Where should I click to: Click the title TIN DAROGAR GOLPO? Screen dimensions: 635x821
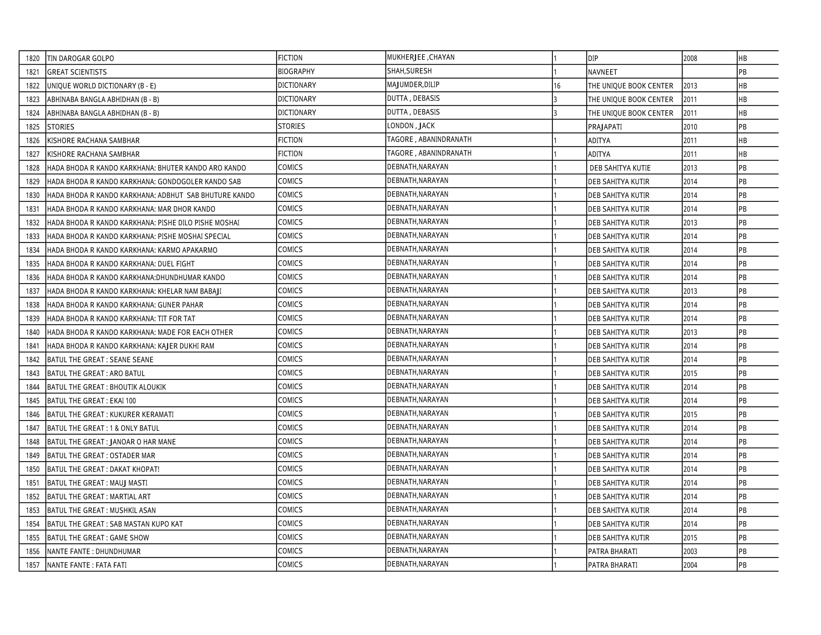81,58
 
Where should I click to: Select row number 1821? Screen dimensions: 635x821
33,72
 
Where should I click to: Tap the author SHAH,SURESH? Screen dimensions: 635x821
409,71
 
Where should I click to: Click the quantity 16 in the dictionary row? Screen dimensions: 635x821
557,86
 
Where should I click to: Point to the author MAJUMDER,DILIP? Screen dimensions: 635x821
413,85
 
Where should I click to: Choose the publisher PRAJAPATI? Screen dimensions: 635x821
605,127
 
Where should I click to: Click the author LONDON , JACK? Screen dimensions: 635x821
411,126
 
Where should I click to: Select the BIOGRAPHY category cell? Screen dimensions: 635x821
296,71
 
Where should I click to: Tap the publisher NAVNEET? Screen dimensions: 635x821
603,72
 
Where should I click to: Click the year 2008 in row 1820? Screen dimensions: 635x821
690,58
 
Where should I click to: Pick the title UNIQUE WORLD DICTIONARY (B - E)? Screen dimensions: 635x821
102,86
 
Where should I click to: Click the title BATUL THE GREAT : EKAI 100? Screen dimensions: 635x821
91,401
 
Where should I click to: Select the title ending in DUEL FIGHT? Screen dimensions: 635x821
121,264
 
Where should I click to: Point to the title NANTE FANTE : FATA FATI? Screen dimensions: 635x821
87,565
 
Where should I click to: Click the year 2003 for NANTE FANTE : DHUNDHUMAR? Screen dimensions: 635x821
690,551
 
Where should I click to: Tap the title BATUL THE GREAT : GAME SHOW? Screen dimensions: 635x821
98,538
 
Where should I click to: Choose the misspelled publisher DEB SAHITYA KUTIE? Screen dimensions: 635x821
620,168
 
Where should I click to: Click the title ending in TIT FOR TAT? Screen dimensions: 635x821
121,319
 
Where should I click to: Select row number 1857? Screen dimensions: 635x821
33,565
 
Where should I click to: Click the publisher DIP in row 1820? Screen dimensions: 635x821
593,58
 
